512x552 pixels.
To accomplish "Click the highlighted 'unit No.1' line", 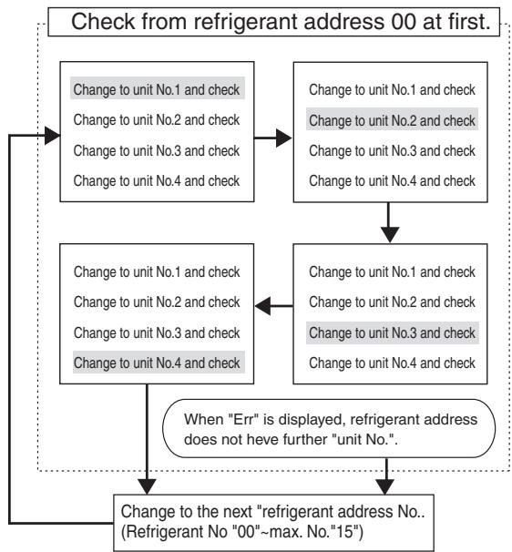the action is pos(157,89).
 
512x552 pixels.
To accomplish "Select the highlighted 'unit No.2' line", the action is pos(392,120).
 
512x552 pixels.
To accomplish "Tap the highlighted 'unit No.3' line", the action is pos(393,332).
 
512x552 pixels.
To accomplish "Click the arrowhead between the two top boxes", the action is pos(284,138).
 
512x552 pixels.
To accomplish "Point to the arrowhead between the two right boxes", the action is pos(390,235).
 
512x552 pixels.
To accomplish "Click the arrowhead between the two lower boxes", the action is pos(262,306).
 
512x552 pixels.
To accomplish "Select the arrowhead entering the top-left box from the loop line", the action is pos(53,136).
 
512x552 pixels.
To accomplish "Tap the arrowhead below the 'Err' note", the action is pos(385,486).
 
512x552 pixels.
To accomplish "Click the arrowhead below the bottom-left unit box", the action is pos(147,486).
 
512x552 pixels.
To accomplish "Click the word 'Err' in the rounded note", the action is pos(244,420).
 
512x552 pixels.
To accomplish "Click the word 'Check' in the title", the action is pos(103,22).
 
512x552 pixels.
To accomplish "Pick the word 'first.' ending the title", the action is pos(470,22).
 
